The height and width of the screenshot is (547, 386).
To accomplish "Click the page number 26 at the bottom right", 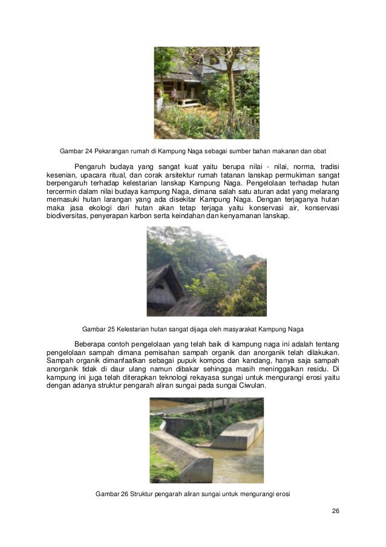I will [335, 511].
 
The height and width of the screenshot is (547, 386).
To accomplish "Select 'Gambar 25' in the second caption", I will [99, 330].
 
